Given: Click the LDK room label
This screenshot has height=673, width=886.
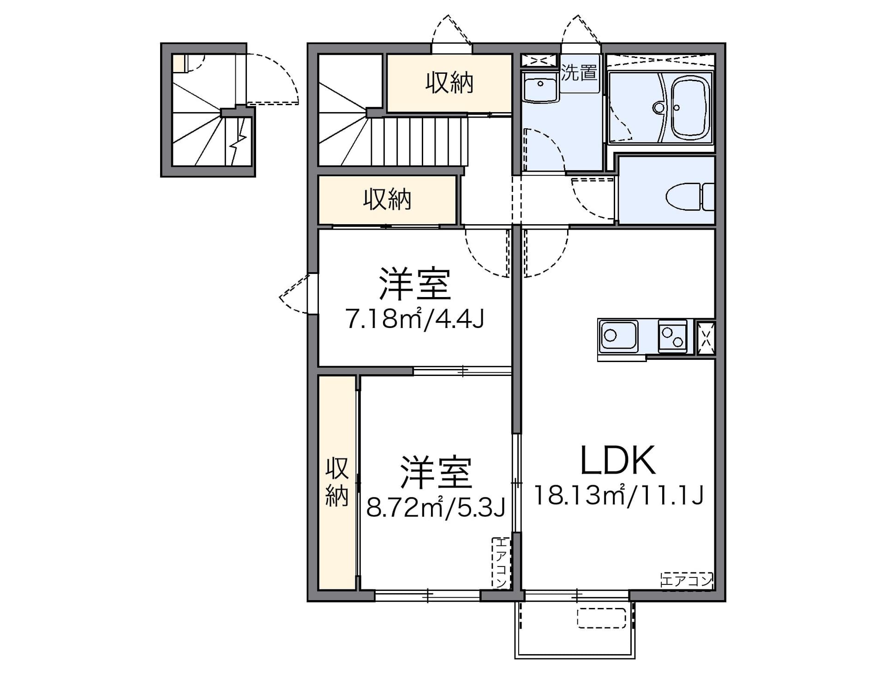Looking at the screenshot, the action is pyautogui.click(x=617, y=460).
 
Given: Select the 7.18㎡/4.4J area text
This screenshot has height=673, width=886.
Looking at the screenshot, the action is pyautogui.click(x=415, y=318).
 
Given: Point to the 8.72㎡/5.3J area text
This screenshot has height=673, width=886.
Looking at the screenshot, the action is pyautogui.click(x=436, y=507).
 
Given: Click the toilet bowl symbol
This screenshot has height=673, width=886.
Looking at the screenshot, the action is pyautogui.click(x=690, y=197).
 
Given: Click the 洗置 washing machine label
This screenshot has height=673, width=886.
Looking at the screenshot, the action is pyautogui.click(x=579, y=73).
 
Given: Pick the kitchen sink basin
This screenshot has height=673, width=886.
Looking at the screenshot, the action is pyautogui.click(x=618, y=335).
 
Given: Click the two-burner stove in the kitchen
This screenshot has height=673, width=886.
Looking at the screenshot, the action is pyautogui.click(x=672, y=336).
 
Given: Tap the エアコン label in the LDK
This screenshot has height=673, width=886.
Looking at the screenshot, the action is pyautogui.click(x=687, y=580).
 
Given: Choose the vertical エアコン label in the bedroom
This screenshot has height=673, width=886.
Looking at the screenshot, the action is pyautogui.click(x=501, y=563).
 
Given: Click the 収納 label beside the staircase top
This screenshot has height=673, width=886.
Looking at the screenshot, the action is pyautogui.click(x=449, y=83).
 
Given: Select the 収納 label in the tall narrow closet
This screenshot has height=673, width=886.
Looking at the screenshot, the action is pyautogui.click(x=337, y=482).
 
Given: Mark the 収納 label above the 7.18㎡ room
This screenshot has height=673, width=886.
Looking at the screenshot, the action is pyautogui.click(x=387, y=200).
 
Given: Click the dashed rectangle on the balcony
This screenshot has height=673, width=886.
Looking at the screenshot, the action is pyautogui.click(x=602, y=618).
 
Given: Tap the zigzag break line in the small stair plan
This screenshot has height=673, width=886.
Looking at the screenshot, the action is pyautogui.click(x=237, y=141).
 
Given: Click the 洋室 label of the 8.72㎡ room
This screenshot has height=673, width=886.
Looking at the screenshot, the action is pyautogui.click(x=436, y=472).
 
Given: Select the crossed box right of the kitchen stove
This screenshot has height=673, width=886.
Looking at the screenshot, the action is pyautogui.click(x=706, y=337).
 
